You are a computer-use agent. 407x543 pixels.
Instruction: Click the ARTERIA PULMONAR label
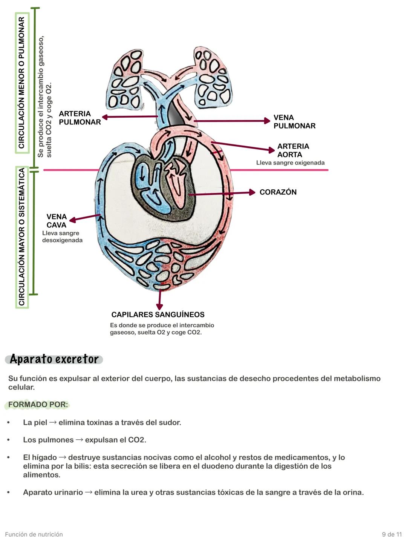coord(80,118)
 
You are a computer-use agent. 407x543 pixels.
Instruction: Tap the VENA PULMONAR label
coord(294,122)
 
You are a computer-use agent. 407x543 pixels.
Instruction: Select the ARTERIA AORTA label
coord(293,150)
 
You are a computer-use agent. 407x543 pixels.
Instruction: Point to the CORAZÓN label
coord(278,192)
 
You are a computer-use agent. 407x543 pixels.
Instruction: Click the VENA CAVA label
coord(57,221)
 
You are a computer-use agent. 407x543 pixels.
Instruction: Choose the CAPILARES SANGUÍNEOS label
coord(158,315)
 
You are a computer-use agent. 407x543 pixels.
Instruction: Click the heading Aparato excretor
coord(54,359)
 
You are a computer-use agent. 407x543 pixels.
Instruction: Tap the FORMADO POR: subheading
coord(38,405)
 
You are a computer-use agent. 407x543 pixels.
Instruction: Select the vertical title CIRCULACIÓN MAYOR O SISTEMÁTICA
coord(22,237)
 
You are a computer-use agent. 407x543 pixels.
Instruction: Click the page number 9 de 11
coord(392,534)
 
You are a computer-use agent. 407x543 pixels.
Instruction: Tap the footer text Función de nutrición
coord(34,534)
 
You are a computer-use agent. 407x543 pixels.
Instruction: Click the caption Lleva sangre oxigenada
coord(290,163)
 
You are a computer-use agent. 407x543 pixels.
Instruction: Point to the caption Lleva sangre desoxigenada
coord(62,237)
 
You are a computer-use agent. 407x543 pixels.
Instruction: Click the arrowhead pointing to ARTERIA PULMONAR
coord(105,117)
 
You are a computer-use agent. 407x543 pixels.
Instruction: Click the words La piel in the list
coord(35,423)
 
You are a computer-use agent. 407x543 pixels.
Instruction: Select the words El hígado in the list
coord(40,457)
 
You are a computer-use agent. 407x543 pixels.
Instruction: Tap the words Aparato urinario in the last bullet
coord(53,492)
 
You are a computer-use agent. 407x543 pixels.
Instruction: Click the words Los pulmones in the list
coord(48,440)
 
